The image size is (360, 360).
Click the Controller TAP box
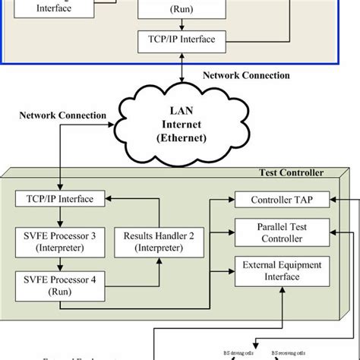[279, 200]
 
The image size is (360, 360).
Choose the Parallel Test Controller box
[279, 233]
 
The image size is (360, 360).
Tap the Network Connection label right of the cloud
[246, 76]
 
